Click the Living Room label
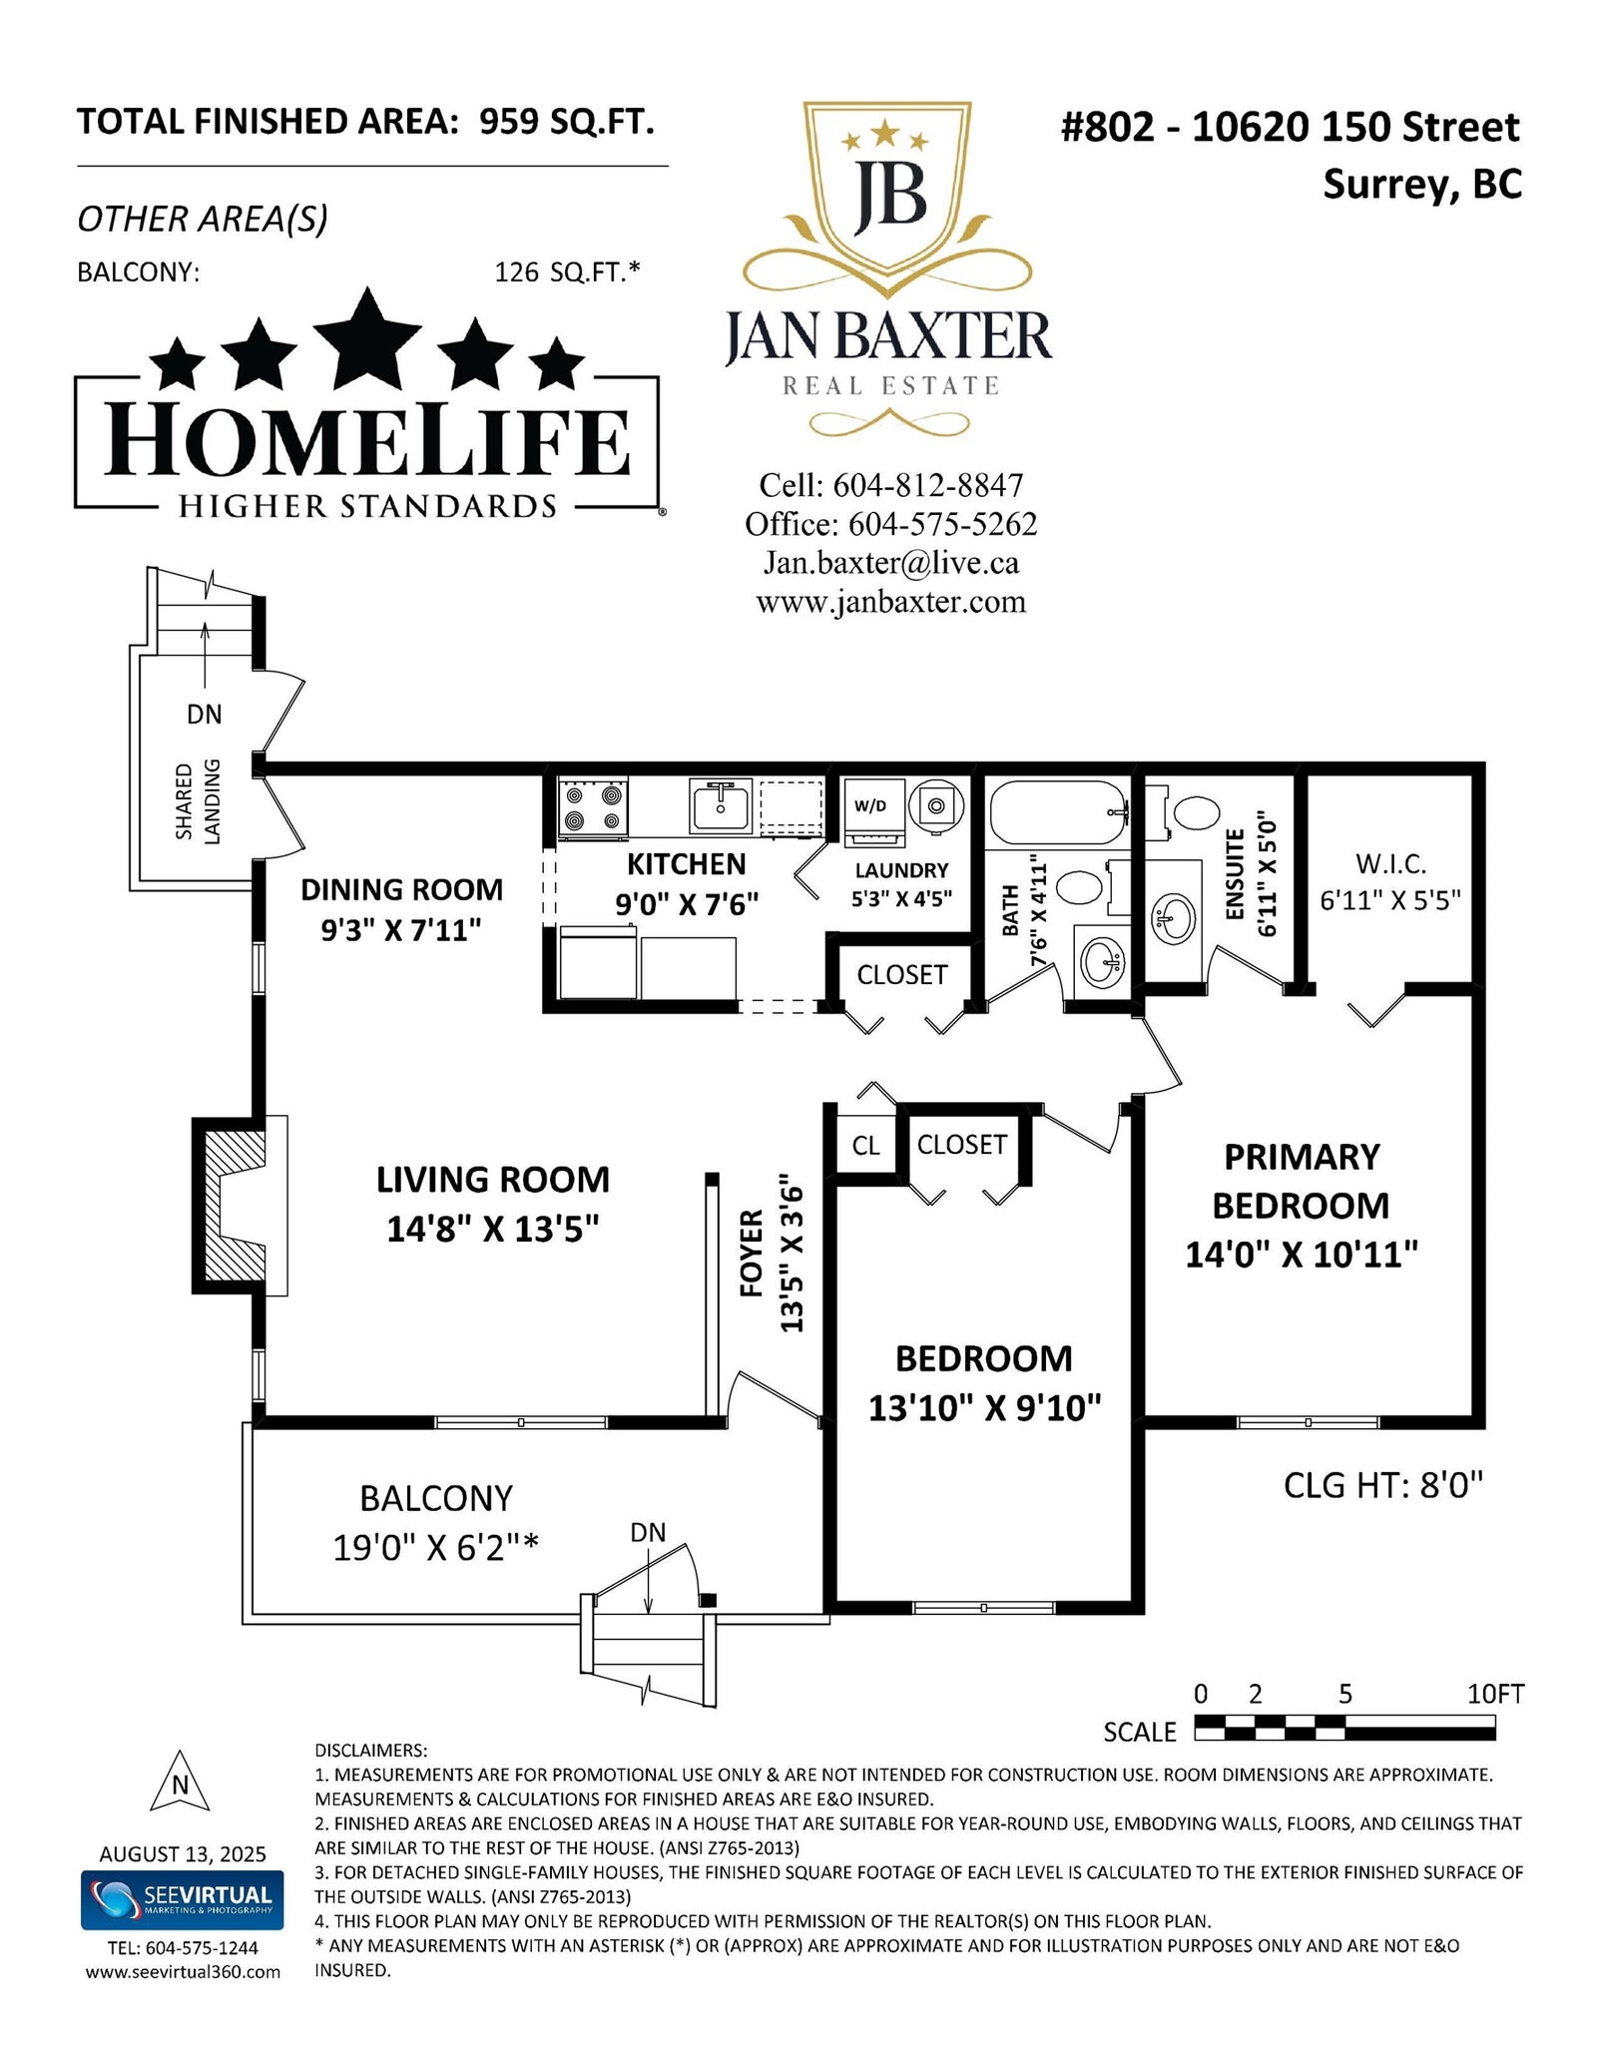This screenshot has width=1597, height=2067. [493, 1180]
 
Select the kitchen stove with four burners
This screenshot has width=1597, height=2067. [593, 806]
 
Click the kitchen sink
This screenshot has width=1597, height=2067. [720, 806]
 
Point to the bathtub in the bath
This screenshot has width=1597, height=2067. [1058, 812]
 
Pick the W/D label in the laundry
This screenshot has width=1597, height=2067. [870, 806]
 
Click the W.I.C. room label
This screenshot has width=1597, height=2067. [1390, 864]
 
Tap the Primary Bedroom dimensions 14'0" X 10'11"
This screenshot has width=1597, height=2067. [1302, 1255]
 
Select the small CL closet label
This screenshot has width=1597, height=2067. [865, 1146]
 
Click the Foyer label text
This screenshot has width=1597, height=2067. [752, 1254]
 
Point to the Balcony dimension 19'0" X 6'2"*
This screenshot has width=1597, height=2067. [436, 1548]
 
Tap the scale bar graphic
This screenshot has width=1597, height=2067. [1344, 1727]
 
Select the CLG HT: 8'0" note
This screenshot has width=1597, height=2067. [1383, 1485]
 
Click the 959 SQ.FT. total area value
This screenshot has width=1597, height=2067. [567, 122]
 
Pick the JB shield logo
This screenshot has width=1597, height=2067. [887, 200]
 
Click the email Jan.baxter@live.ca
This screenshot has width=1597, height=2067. [891, 563]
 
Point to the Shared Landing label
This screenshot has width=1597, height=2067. [198, 800]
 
